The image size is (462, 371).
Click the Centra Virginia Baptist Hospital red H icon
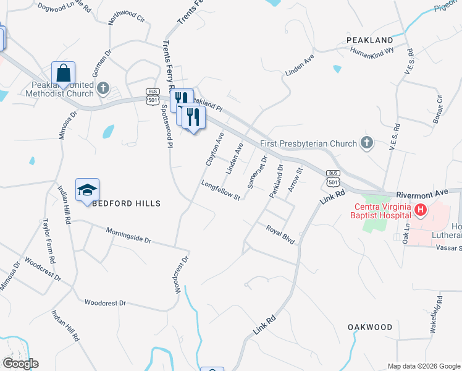421,210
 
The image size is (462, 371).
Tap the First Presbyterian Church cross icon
367,143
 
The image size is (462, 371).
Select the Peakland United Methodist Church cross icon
103,87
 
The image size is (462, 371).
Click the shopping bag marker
64,73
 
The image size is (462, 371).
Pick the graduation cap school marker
87,190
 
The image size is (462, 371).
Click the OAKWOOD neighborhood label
370,326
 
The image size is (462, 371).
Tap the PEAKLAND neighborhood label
370,40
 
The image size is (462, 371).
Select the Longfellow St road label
220,190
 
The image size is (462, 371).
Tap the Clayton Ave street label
215,149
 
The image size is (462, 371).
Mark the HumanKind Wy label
372,54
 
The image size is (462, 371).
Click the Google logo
20,363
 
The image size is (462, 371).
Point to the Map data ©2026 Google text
423,366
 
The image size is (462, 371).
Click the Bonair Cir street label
439,109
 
